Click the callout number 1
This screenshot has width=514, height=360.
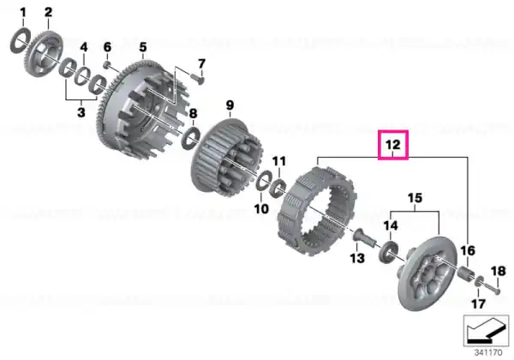[22, 13]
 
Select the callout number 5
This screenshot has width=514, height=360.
[143, 47]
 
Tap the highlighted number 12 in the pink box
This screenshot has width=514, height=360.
[393, 145]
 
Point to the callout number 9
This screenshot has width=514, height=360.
[230, 105]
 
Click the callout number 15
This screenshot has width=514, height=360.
[415, 198]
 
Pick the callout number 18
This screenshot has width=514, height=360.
[498, 271]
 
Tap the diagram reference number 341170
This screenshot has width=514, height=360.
[488, 353]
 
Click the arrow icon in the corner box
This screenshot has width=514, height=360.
[486, 331]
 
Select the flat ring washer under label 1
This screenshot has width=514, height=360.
[21, 41]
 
